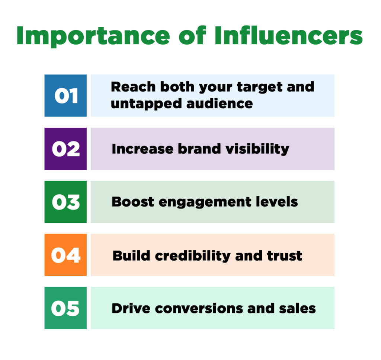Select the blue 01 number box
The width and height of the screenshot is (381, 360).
tap(65, 96)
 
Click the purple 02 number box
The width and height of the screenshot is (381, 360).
tap(65, 149)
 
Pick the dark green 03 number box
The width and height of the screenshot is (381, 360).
tap(65, 202)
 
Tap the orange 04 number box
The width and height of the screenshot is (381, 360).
tap(65, 255)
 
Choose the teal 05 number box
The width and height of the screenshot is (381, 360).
tap(65, 308)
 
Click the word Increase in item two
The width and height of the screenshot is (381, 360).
tap(142, 149)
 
